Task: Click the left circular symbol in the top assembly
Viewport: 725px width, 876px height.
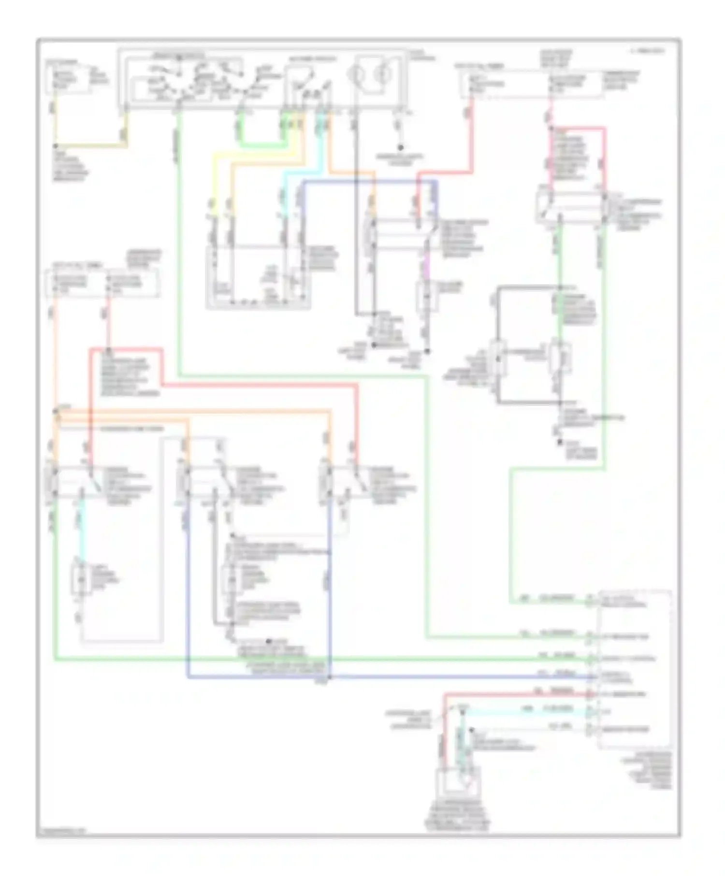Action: coord(356,75)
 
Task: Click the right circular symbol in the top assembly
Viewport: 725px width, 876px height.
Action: coord(383,75)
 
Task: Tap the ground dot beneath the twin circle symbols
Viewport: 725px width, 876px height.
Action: coord(400,147)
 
